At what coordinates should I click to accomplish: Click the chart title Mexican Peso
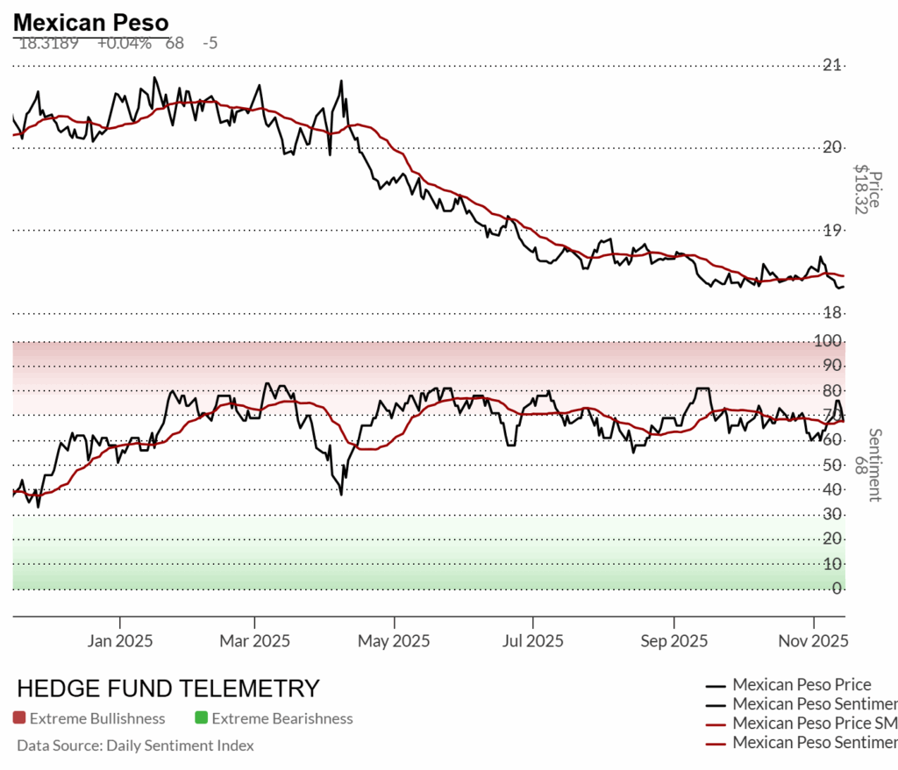(91, 22)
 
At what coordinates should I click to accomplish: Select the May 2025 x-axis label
(394, 641)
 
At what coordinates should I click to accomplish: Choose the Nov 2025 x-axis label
(813, 641)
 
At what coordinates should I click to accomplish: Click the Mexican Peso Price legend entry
(802, 685)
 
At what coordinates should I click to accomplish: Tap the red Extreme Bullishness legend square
(19, 719)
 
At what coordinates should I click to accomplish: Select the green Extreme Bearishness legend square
(201, 719)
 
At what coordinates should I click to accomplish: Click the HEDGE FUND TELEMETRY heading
(168, 688)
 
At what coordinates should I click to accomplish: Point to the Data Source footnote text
(135, 746)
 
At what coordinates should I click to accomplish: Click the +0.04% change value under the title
(124, 42)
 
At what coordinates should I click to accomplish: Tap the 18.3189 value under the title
(48, 42)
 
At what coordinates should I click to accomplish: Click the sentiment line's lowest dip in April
(341, 495)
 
